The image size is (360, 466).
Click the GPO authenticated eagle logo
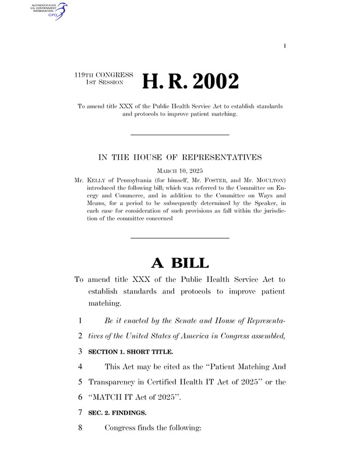(x=50, y=10)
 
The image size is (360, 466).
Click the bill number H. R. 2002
(x=192, y=82)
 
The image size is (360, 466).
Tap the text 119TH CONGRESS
(x=104, y=75)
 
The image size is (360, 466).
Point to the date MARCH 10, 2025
(x=180, y=172)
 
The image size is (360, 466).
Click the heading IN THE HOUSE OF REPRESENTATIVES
(x=180, y=157)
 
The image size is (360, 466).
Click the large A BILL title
(x=179, y=263)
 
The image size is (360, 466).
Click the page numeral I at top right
(x=285, y=45)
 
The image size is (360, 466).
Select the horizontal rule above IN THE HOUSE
(x=179, y=135)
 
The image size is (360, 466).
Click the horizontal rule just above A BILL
(x=179, y=238)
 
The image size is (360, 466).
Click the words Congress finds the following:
(x=153, y=428)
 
